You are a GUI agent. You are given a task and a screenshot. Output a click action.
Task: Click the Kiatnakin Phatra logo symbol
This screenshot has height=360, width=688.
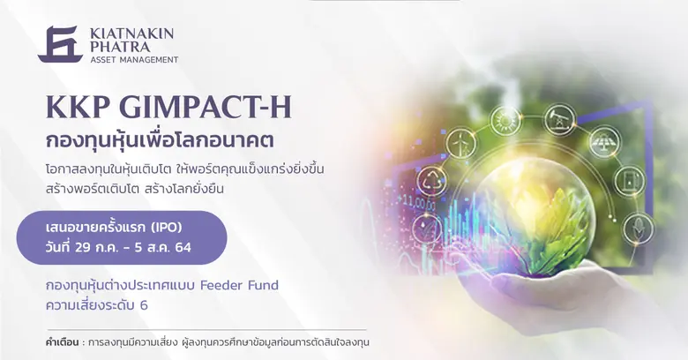pyautogui.click(x=60, y=44)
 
